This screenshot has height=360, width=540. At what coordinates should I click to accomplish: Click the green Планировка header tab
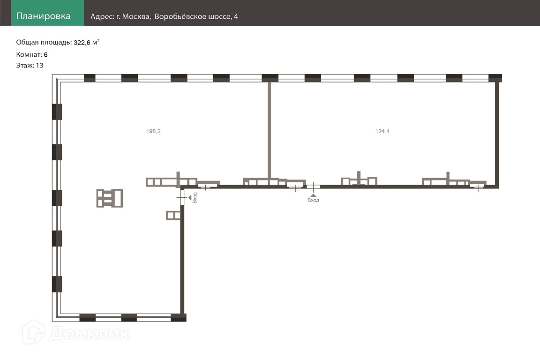(x=43, y=16)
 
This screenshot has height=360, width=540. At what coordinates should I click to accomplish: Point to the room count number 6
(x=45, y=54)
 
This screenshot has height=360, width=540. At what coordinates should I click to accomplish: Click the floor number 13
(x=39, y=66)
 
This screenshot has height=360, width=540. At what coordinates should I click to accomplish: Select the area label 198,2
(x=153, y=131)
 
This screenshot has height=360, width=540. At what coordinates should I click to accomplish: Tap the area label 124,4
(x=382, y=131)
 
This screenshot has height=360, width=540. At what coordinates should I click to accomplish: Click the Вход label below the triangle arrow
(x=313, y=200)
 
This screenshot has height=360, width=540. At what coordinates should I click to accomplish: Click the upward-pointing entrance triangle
(x=313, y=193)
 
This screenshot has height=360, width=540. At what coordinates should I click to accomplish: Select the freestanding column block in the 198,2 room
(x=110, y=198)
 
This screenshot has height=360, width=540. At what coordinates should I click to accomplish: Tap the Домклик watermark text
(x=89, y=334)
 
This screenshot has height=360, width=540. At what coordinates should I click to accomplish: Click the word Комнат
(x=29, y=54)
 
